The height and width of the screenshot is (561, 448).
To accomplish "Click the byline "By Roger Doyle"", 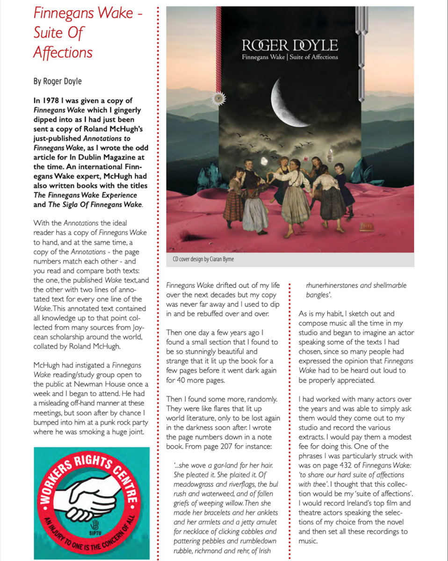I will tap(58, 81).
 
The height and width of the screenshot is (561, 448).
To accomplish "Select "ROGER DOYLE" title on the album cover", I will tap(289, 45).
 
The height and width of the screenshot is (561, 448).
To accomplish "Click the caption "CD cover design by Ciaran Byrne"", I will tap(201, 259).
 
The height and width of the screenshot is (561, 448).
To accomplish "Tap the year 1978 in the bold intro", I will tap(51, 101).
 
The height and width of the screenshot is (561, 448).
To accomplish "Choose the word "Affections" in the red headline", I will tap(63, 52).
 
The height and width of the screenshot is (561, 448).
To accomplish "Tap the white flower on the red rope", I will tap(216, 98).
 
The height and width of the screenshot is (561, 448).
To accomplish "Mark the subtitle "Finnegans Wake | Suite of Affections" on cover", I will tap(289, 58).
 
